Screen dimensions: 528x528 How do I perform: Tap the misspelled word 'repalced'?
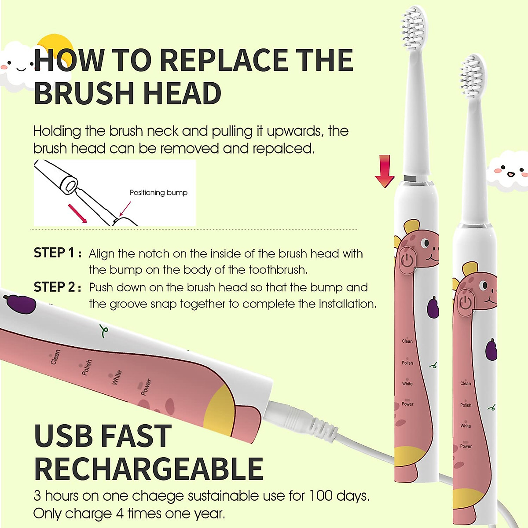click(283, 149)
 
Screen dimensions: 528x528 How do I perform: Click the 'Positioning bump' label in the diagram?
click(158, 193)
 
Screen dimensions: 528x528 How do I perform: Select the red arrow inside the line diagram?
click(77, 213)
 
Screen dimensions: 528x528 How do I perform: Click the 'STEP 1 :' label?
click(57, 253)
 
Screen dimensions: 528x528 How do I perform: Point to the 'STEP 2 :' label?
click(57, 287)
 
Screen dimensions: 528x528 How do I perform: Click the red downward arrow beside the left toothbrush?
click(385, 171)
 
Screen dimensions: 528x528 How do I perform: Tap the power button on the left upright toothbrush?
click(407, 260)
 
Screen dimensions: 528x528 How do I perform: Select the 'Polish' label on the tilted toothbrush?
click(87, 367)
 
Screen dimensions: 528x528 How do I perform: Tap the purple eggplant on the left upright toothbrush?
click(433, 307)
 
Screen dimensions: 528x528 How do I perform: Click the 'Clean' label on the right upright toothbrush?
click(465, 383)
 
